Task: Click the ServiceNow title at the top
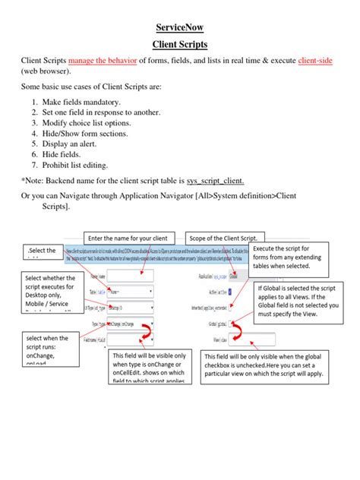(x=180, y=28)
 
